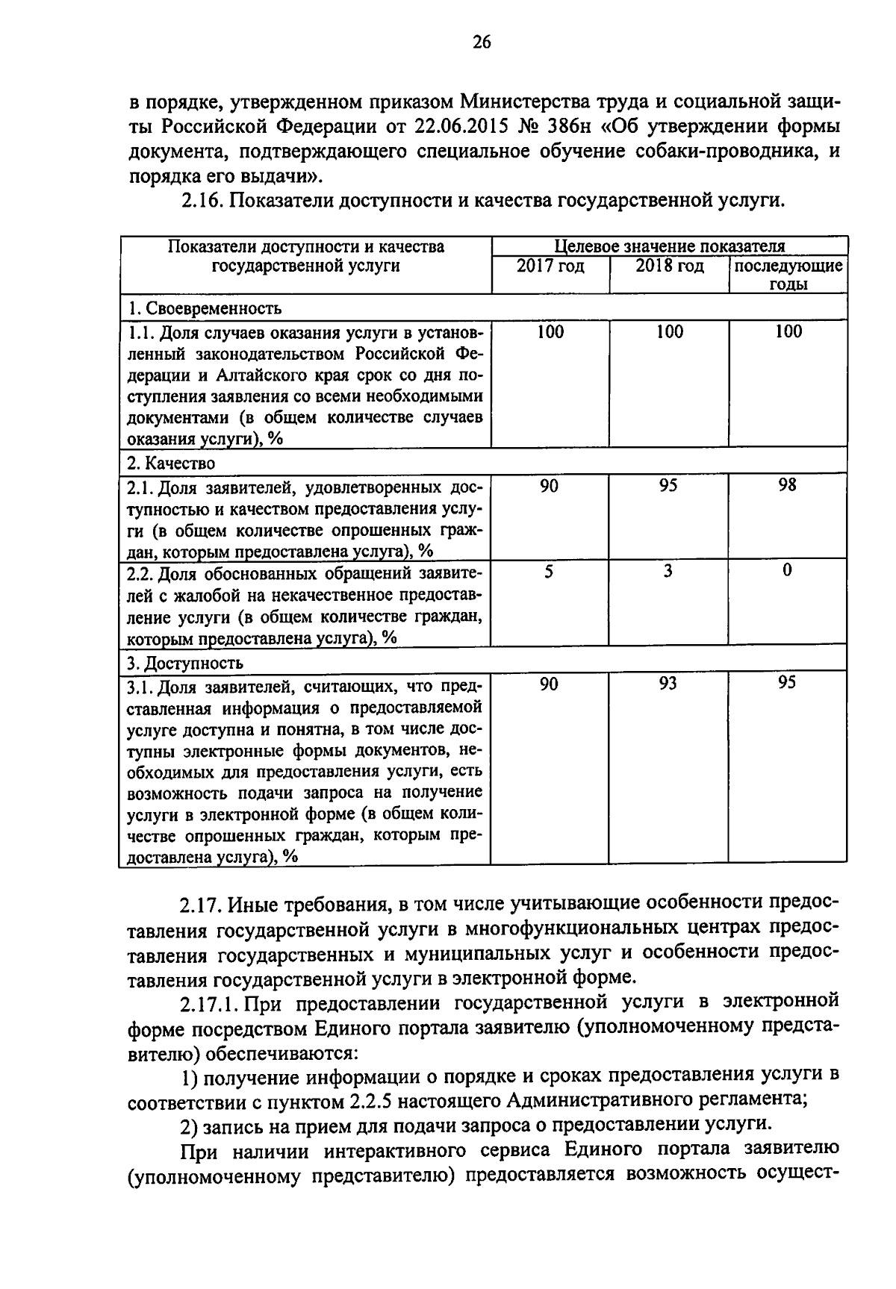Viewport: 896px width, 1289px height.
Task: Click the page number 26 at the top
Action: pos(482,42)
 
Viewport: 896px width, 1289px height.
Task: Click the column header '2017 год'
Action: pos(550,266)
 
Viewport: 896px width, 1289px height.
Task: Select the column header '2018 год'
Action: pos(669,266)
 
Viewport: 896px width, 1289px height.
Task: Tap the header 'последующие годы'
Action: pos(788,275)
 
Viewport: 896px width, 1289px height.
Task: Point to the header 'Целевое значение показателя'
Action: pos(669,246)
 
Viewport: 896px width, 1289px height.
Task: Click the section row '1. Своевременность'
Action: pos(204,308)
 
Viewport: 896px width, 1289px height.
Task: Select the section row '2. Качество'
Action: pos(171,464)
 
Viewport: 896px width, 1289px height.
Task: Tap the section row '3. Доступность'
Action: pos(185,663)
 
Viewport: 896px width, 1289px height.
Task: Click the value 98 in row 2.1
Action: pos(787,486)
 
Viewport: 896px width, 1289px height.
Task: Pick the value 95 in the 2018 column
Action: pos(668,486)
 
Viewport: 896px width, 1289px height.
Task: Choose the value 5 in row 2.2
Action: pos(549,572)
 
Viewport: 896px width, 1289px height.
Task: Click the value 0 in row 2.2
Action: pos(787,572)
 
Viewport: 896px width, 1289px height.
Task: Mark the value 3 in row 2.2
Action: pos(668,572)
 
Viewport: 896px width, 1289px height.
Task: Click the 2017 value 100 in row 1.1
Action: pos(550,332)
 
